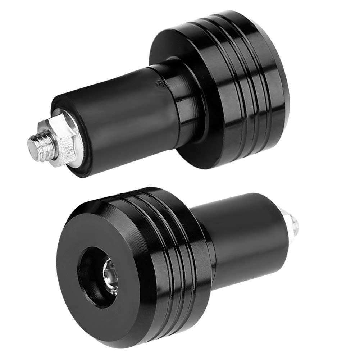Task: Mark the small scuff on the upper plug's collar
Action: [158, 83]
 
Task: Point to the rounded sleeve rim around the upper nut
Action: [68, 169]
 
